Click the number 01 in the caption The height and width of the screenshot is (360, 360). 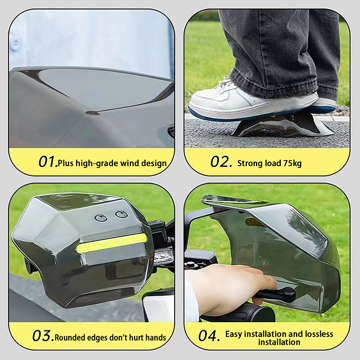pos(47,162)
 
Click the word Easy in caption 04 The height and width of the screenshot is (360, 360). pos(234,334)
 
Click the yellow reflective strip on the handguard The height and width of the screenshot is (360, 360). pos(112,244)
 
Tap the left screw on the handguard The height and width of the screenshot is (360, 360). pos(101,218)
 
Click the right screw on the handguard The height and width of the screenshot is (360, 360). pos(121,215)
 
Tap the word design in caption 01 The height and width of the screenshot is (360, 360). pos(154,163)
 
